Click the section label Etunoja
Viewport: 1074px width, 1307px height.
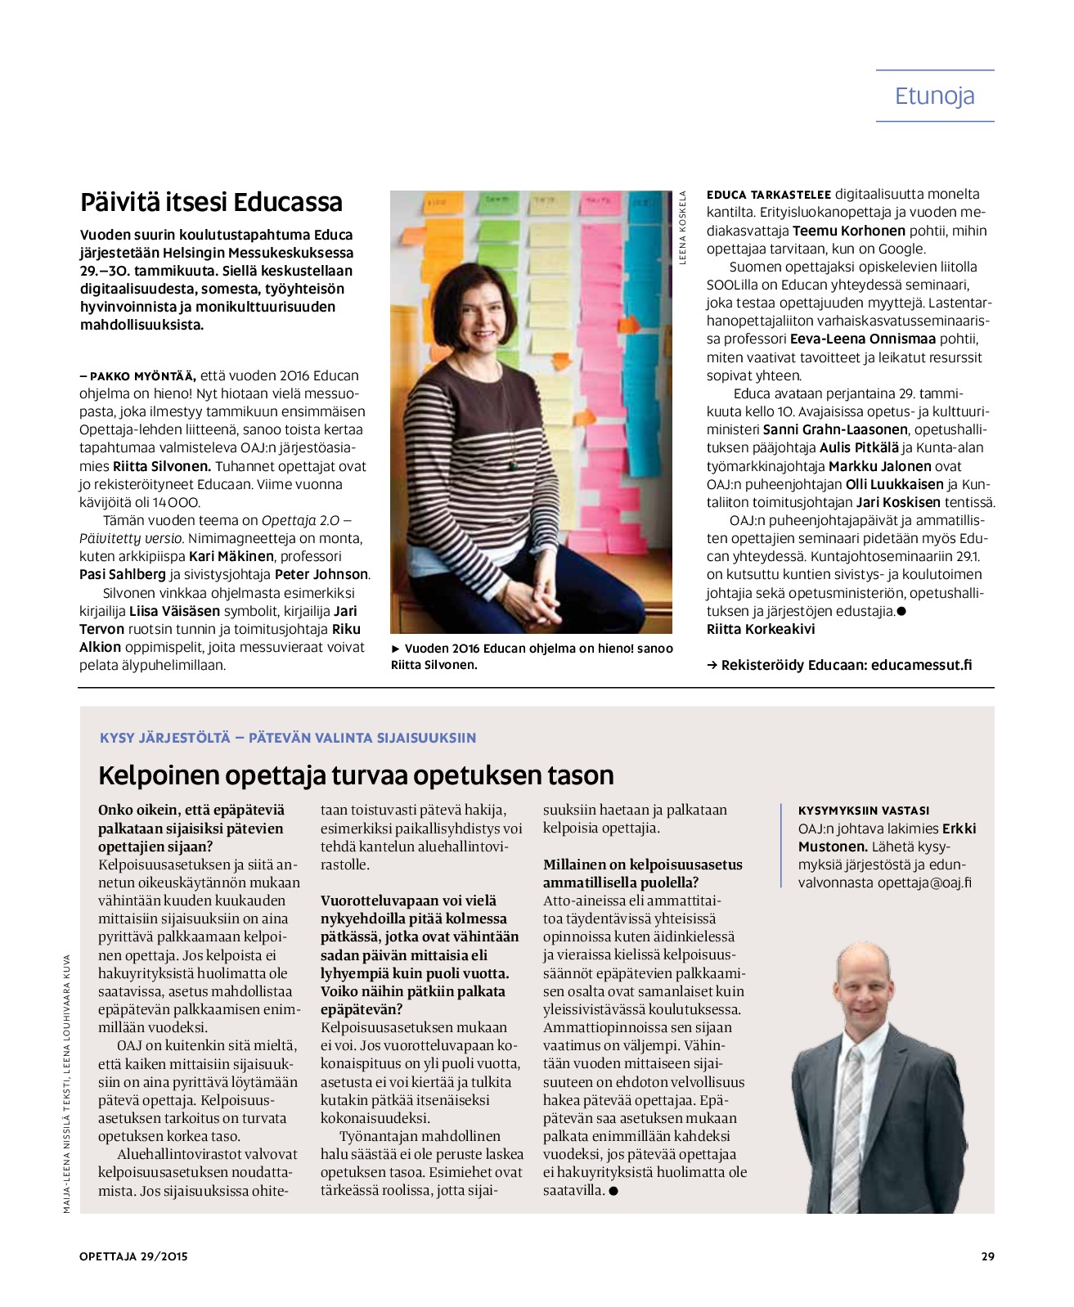tap(934, 96)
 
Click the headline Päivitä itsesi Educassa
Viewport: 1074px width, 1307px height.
tap(211, 202)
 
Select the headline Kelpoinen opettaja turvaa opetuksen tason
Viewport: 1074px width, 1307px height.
tap(356, 775)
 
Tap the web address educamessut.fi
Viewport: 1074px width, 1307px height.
tap(921, 665)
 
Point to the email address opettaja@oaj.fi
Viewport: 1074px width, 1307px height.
tap(924, 883)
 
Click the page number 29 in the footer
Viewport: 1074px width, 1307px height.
tap(987, 1256)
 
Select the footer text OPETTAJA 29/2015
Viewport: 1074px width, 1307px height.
tap(133, 1256)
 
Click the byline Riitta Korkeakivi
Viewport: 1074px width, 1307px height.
tap(761, 629)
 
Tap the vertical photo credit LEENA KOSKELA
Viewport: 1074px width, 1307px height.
tap(682, 227)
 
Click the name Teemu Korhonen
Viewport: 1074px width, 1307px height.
tap(848, 231)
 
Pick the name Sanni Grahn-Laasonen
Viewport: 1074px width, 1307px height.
tap(835, 429)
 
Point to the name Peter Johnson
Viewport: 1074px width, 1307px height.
tap(321, 574)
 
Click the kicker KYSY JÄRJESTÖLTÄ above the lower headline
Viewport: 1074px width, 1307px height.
tap(165, 738)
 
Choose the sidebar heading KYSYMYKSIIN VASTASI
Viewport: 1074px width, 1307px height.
tap(863, 811)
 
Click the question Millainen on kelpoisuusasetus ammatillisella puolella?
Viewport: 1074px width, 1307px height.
tap(642, 874)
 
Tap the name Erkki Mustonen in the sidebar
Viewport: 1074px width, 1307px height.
tap(888, 838)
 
